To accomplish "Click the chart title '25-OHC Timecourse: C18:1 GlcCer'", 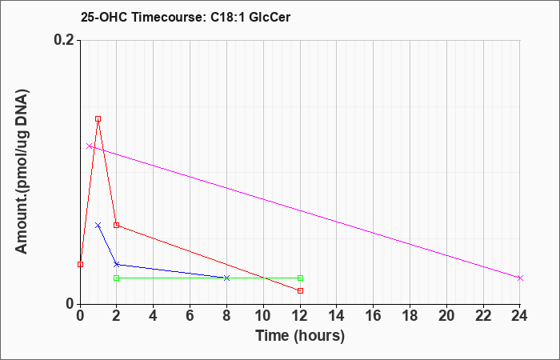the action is [186, 17].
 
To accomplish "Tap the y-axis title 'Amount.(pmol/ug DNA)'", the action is [22, 172].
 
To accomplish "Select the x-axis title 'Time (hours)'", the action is [300, 336].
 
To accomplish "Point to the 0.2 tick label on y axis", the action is [65, 40].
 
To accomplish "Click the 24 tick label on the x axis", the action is [520, 316].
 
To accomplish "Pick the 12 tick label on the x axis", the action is [300, 316].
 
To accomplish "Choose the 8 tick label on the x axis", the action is [226, 316].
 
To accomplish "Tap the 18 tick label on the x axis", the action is [410, 316].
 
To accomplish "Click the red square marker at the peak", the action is [98, 118].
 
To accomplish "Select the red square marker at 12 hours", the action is [300, 290].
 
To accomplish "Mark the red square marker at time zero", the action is [80, 264].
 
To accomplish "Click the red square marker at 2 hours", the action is [116, 225].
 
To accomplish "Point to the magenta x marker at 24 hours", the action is [520, 278].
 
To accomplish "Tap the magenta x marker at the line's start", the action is [90, 146].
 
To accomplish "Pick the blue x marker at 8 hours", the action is [226, 278].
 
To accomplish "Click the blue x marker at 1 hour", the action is [98, 225].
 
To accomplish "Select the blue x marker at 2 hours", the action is [116, 264].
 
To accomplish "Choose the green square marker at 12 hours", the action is [300, 278].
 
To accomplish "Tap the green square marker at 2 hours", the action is [116, 278].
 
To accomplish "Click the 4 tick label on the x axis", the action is [154, 316].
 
